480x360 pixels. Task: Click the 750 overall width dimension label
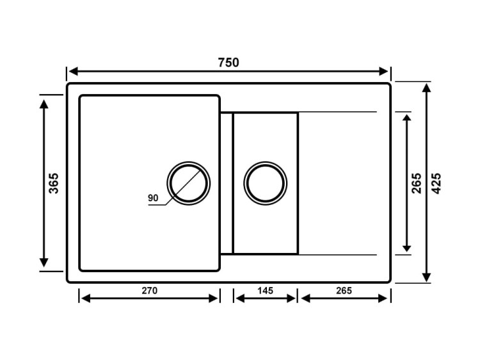click(x=228, y=62)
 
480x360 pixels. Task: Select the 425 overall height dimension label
click(x=436, y=183)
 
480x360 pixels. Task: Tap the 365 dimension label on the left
click(x=54, y=183)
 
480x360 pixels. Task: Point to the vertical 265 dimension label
click(x=417, y=183)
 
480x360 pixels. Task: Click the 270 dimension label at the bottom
click(x=149, y=290)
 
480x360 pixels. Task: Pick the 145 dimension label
click(x=265, y=290)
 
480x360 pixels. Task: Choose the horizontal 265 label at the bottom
click(x=344, y=290)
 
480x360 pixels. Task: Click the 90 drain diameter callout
click(x=153, y=198)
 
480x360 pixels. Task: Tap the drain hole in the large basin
click(x=188, y=183)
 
